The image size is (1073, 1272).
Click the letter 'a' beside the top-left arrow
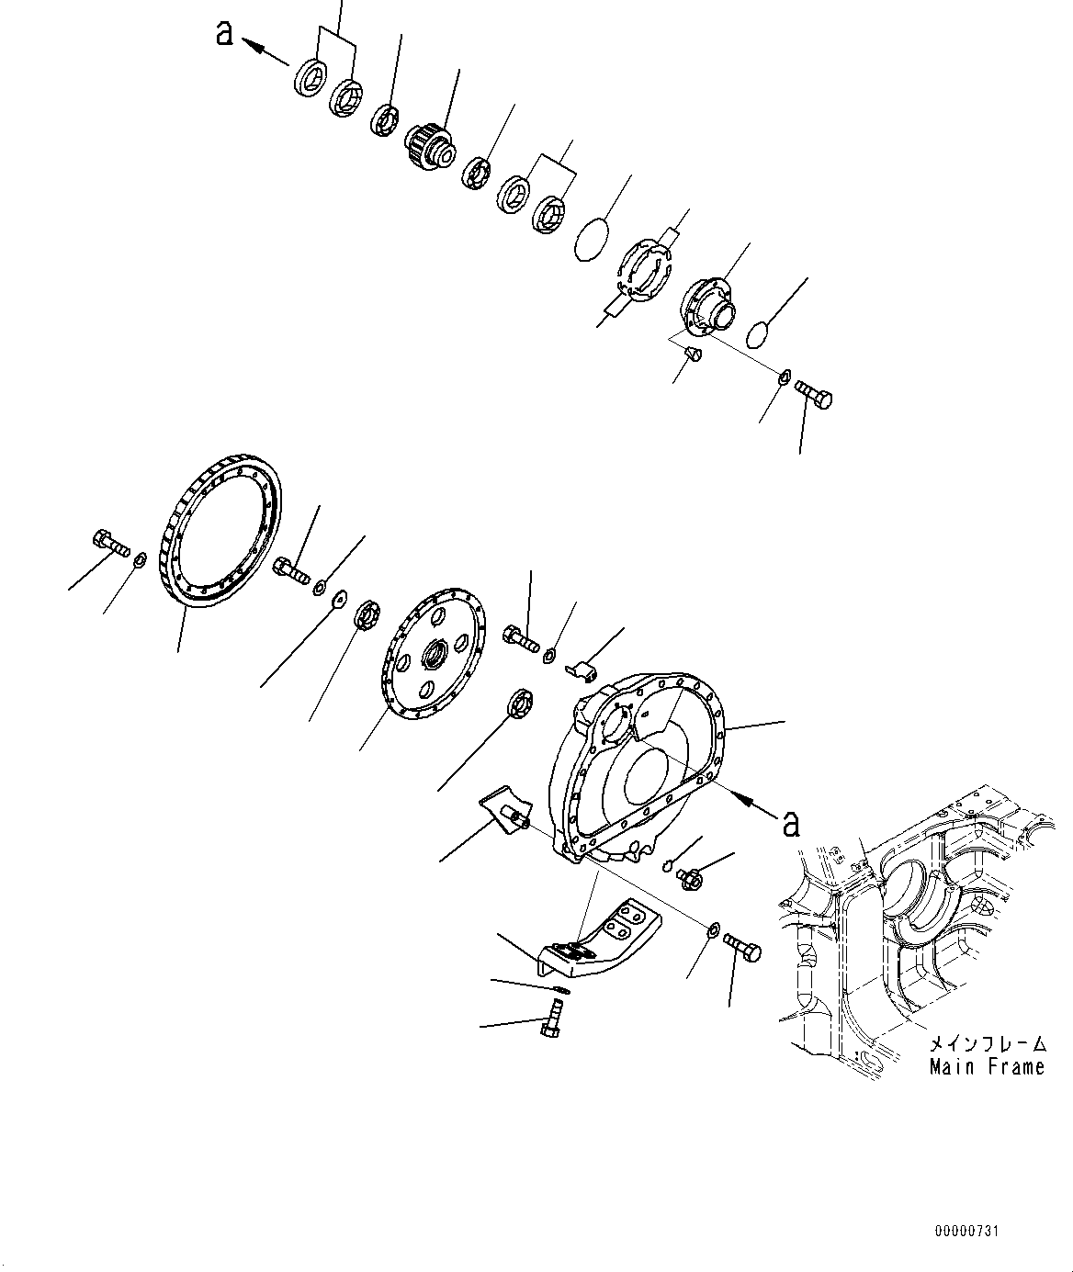(x=223, y=33)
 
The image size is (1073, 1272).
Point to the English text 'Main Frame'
(x=987, y=1067)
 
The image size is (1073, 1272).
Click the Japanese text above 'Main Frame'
(x=987, y=1044)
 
